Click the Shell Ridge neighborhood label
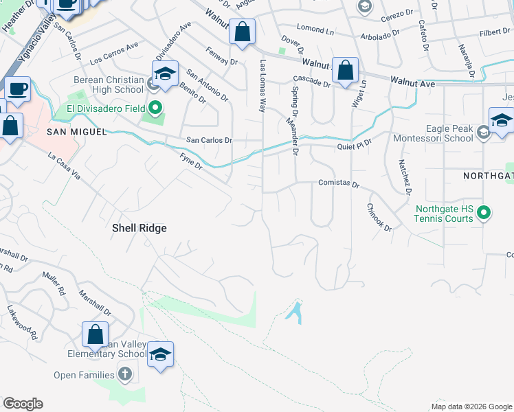click(x=139, y=228)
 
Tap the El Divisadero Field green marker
click(x=155, y=108)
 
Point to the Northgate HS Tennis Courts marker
click(x=484, y=214)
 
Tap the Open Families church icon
click(x=124, y=374)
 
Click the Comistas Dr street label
click(x=339, y=184)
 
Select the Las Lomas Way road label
click(x=262, y=85)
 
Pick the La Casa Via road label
click(x=65, y=166)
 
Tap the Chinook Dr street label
click(x=379, y=217)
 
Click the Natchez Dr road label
click(x=405, y=176)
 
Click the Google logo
click(x=23, y=404)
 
